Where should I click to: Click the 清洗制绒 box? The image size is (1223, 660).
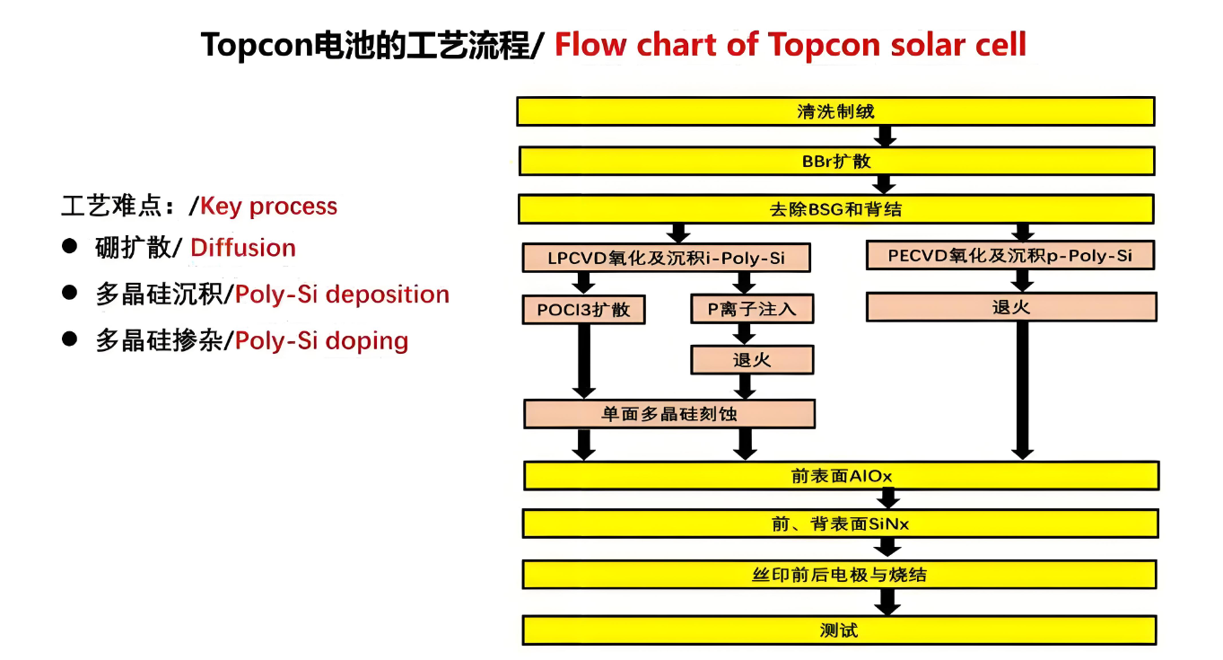835,111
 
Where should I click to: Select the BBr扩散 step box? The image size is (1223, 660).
836,162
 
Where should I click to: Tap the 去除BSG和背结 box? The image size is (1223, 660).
835,210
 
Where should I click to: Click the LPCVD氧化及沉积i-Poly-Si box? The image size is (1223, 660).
666,258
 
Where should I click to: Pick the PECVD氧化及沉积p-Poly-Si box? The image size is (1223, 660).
1009,256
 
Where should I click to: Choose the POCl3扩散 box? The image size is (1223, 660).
584,310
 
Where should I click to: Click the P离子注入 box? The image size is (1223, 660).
752,310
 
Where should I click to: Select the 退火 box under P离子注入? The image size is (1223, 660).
752,361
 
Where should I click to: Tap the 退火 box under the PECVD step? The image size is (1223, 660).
1011,307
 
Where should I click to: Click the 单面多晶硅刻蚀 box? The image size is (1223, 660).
669,414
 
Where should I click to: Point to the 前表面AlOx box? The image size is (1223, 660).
841,476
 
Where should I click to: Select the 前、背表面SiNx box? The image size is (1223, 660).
840,524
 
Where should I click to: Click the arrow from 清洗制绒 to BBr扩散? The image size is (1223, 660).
887,136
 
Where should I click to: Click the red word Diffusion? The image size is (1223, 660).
243,248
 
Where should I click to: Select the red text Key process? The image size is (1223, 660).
268,207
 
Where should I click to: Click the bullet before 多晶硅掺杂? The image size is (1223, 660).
69,340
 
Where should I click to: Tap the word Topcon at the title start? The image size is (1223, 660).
254,44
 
